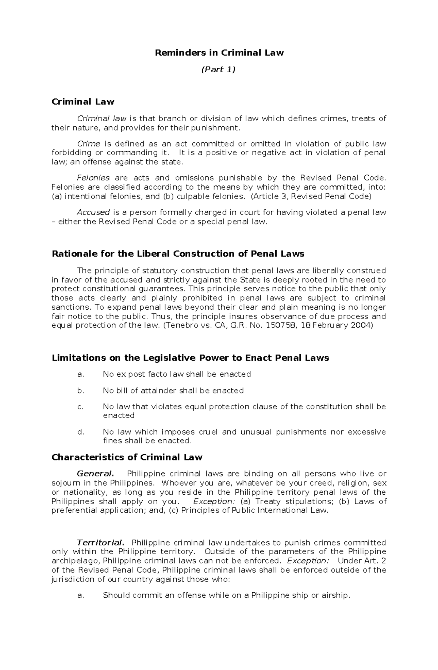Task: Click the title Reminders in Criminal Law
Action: click(x=219, y=53)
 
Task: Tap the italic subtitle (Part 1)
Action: click(x=218, y=69)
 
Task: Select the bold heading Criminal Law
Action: click(x=83, y=102)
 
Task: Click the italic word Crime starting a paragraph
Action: click(x=89, y=143)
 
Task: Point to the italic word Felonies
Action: click(x=93, y=178)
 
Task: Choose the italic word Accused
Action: click(x=93, y=212)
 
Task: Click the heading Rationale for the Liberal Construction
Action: click(x=178, y=254)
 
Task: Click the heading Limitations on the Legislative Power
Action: click(x=190, y=358)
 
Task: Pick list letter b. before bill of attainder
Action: click(x=81, y=391)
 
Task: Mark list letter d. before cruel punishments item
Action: click(x=81, y=432)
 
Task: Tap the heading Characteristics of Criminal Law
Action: click(x=127, y=457)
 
